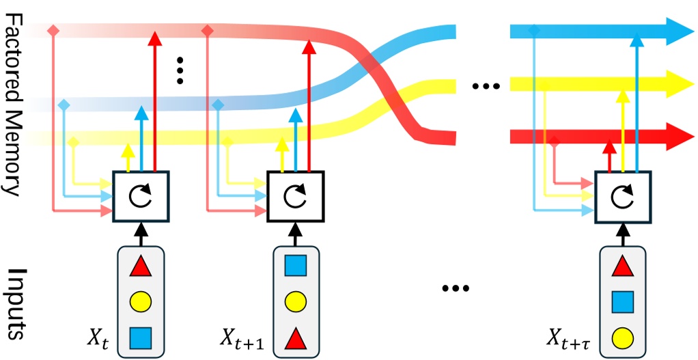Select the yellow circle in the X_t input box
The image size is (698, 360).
click(140, 301)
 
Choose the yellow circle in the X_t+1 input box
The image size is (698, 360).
click(295, 301)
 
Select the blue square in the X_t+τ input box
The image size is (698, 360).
click(620, 301)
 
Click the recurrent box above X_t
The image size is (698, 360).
click(141, 196)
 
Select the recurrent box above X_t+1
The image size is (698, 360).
click(295, 196)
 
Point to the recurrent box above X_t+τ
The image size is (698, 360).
click(621, 196)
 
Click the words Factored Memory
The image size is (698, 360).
click(15, 102)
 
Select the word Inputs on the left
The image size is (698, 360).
click(15, 304)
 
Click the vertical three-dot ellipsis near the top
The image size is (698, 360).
click(180, 69)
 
